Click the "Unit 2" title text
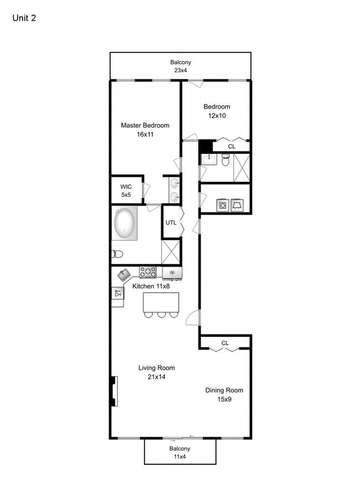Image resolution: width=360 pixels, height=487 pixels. click(x=24, y=18)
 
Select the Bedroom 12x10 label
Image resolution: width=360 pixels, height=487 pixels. click(x=217, y=111)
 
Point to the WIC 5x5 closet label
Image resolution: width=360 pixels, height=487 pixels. click(x=126, y=191)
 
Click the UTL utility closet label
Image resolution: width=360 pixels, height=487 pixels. click(x=171, y=222)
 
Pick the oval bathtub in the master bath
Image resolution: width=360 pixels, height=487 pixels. click(x=125, y=222)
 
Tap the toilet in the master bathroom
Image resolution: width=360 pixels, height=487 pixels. click(x=117, y=254)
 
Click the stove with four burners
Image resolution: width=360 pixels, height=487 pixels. click(x=148, y=272)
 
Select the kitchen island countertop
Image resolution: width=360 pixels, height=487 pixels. click(x=161, y=302)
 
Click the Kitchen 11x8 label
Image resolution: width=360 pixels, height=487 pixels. click(x=151, y=286)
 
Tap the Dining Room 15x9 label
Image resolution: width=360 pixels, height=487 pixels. click(x=224, y=395)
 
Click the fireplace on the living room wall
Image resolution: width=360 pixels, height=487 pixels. click(x=114, y=391)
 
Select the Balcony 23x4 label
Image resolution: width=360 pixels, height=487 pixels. click(x=181, y=66)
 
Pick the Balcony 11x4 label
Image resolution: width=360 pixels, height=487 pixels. click(x=179, y=453)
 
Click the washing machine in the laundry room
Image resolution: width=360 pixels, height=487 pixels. click(x=223, y=205)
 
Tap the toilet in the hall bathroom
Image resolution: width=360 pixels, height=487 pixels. click(x=225, y=160)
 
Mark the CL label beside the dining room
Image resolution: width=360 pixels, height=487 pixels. click(x=225, y=343)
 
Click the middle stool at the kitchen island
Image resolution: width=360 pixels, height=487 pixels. click(x=161, y=315)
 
